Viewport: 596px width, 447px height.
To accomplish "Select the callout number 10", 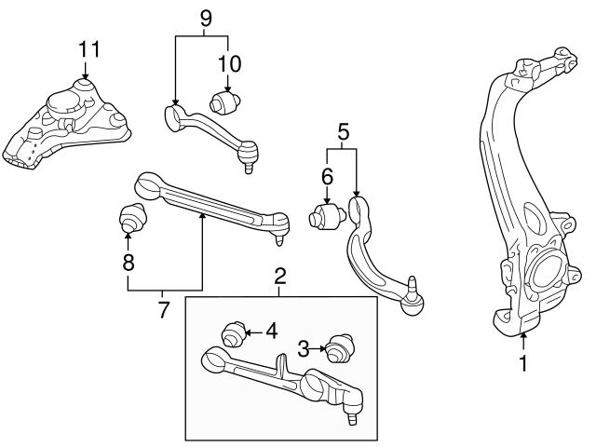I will click(229, 63).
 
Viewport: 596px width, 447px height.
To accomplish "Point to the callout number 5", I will click(343, 132).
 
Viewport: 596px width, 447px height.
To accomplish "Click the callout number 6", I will click(327, 176).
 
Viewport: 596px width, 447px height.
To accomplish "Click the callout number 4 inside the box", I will click(271, 330).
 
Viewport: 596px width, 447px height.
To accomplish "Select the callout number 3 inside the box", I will click(303, 349).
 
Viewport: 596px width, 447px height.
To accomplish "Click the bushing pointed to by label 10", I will click(226, 100).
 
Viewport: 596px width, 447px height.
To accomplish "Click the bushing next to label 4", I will click(233, 332).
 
